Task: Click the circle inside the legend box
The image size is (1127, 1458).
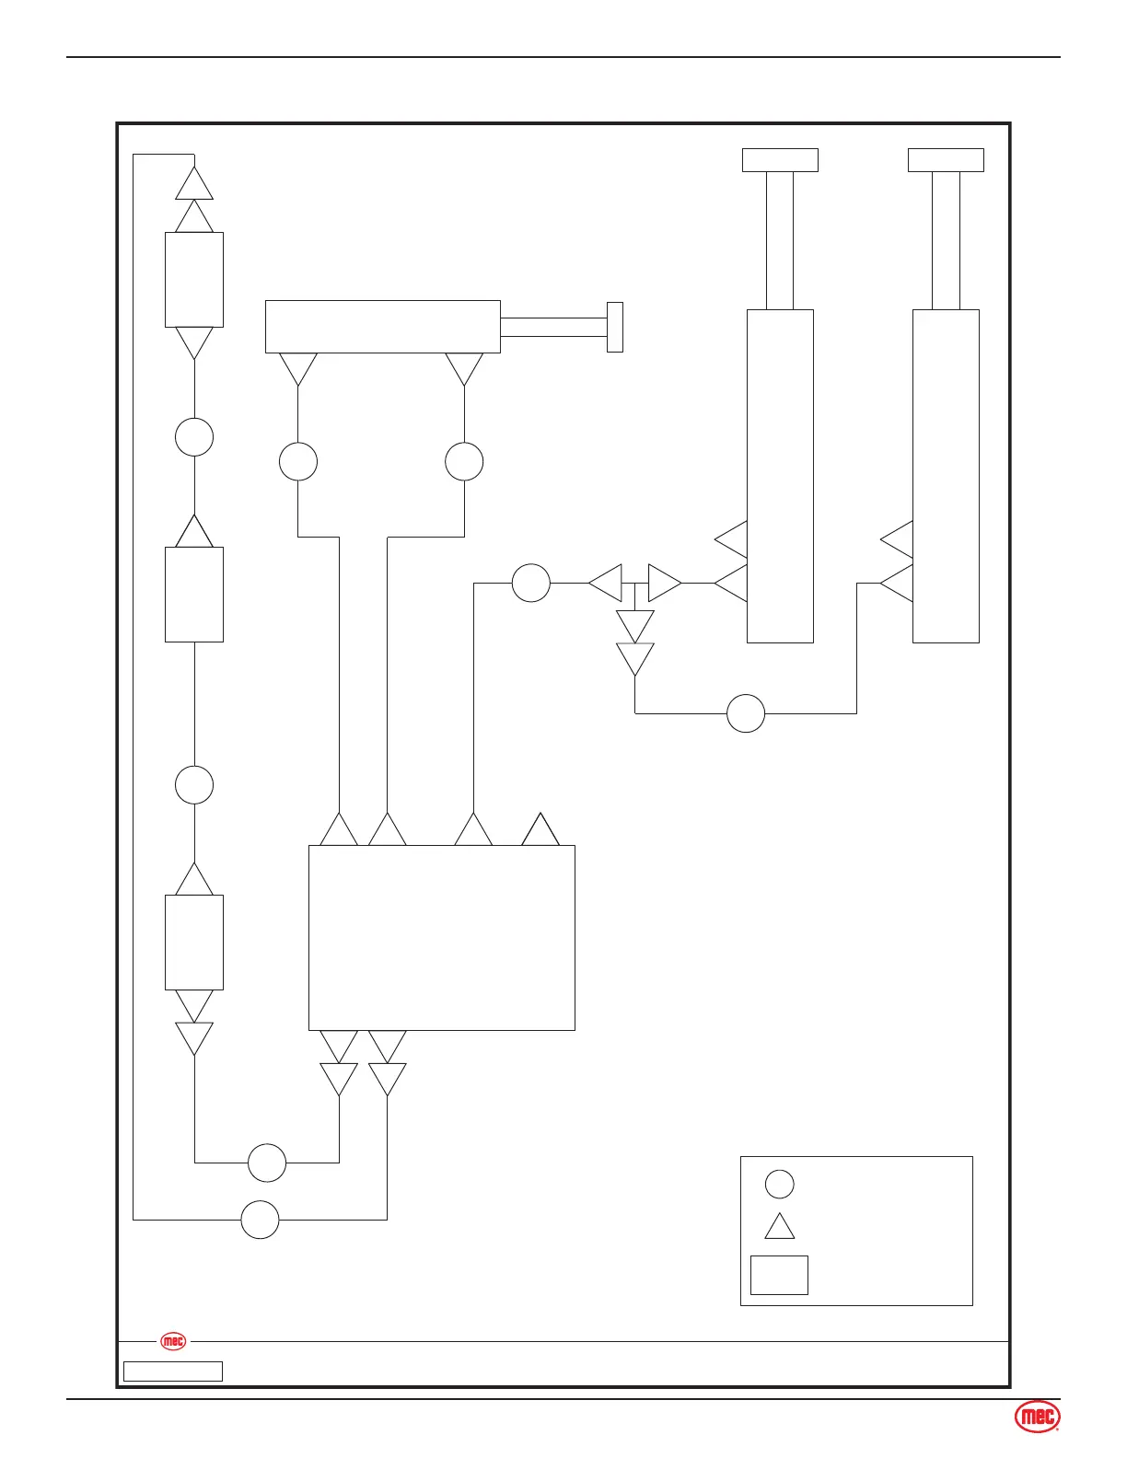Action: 779,1184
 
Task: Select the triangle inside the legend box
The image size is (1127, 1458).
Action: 779,1228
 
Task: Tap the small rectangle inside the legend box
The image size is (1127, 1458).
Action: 779,1275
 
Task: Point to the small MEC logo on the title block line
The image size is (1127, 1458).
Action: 173,1341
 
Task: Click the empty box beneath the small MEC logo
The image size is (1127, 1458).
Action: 173,1371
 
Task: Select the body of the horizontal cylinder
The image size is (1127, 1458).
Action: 382,326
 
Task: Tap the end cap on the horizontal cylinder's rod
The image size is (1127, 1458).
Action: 615,327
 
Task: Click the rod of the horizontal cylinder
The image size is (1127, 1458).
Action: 553,327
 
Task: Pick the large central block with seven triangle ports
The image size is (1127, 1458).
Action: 441,937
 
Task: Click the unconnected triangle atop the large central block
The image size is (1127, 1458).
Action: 540,831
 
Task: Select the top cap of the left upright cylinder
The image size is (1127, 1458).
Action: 780,160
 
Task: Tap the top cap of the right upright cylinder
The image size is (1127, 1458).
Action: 946,160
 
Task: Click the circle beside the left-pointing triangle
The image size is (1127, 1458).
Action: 530,583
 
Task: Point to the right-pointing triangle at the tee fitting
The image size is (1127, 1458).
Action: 664,583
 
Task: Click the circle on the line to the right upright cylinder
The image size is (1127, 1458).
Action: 746,713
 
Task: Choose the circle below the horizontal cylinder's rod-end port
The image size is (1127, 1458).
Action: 464,461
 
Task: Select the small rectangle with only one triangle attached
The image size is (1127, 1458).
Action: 194,594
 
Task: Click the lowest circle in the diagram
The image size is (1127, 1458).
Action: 260,1220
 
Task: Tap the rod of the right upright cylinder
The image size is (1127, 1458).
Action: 946,240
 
